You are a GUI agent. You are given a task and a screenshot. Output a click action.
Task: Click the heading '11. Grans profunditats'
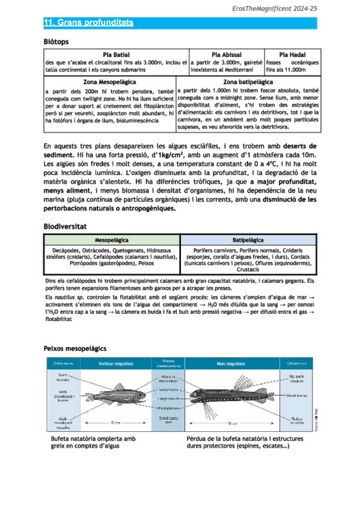tap(88, 23)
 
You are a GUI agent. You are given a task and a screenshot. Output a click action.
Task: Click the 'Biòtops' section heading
tap(56, 42)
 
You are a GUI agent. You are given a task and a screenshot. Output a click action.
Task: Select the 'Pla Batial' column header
tap(116, 55)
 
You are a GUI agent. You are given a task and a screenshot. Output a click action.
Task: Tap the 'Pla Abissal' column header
tap(227, 55)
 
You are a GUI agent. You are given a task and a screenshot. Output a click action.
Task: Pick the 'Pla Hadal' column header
tap(293, 55)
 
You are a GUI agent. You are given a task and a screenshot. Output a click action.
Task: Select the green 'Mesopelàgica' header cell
tap(112, 239)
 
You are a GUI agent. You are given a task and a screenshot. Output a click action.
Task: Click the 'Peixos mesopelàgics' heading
tap(75, 348)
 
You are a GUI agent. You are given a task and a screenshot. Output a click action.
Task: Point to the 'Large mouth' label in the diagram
tap(167, 399)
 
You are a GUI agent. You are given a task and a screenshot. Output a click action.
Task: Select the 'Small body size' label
tap(167, 420)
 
